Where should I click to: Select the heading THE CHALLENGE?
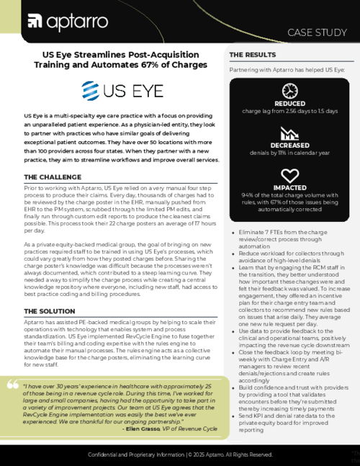pos(53,176)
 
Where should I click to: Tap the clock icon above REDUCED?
pos(289,91)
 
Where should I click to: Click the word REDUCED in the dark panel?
pos(289,104)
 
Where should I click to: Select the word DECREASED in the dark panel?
pos(289,145)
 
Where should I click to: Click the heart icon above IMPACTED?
pos(289,175)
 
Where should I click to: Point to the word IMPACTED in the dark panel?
pos(289,187)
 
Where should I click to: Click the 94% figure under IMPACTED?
pos(246,194)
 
